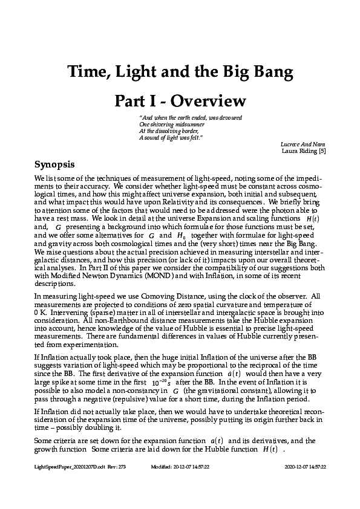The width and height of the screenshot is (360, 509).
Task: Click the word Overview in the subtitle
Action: [x=209, y=100]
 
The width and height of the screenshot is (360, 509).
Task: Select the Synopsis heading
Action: [x=54, y=164]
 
